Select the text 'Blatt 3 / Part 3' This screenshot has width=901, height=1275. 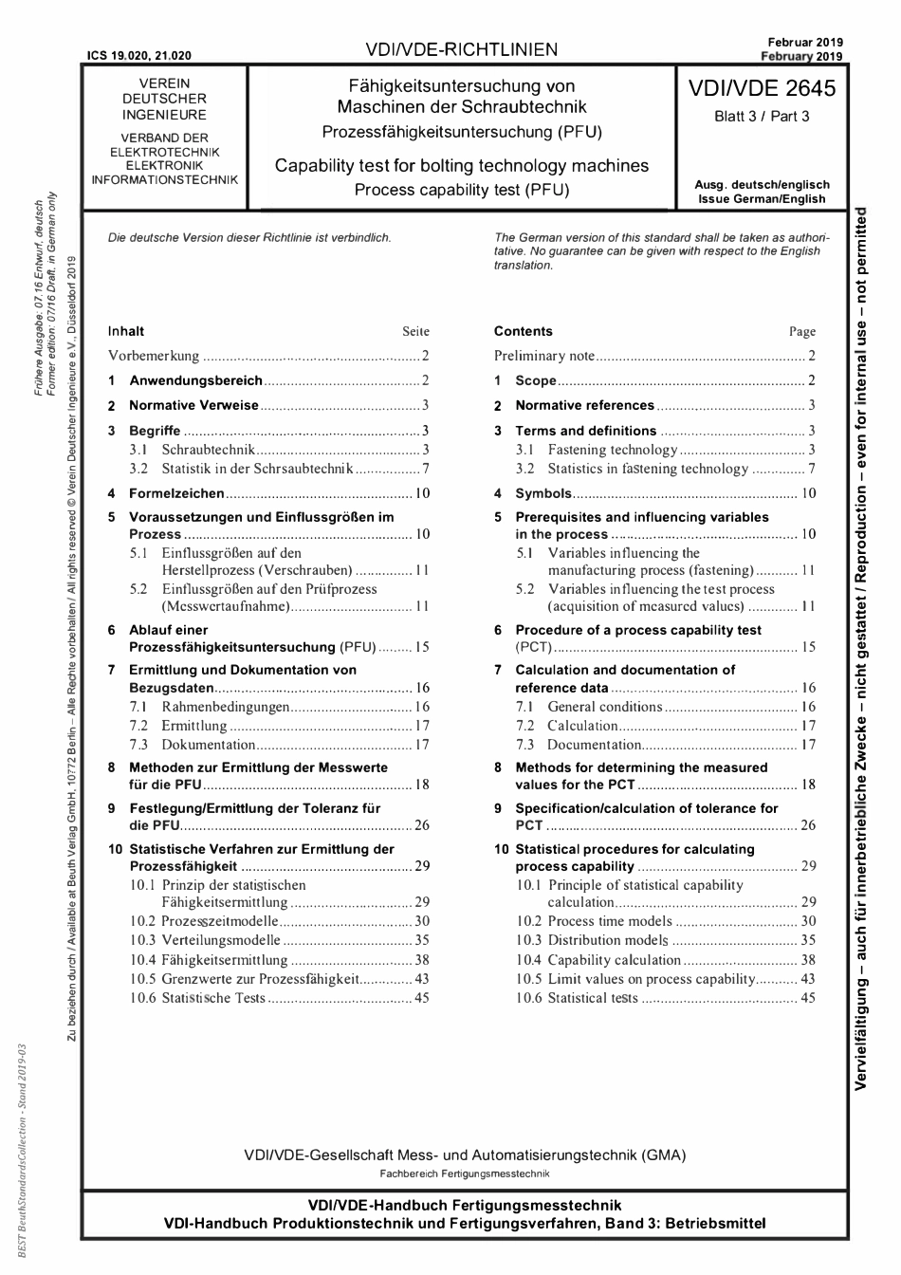(762, 118)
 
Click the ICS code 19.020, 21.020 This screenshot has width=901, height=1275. (138, 56)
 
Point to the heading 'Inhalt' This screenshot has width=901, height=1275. (126, 331)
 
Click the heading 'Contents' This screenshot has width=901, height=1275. (523, 331)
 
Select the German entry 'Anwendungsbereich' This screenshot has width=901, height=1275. (195, 380)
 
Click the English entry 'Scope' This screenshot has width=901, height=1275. (535, 380)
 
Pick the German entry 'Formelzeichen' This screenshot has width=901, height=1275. (176, 493)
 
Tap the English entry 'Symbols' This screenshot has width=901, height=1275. (542, 493)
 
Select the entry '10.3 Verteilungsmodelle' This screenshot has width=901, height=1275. (205, 940)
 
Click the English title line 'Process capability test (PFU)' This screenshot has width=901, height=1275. (461, 190)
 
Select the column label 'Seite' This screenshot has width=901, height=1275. (415, 332)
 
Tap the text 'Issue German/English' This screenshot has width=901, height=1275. (762, 199)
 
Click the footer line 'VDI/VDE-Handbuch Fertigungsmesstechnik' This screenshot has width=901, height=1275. (464, 1206)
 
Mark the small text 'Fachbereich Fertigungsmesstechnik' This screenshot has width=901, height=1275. (464, 1173)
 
